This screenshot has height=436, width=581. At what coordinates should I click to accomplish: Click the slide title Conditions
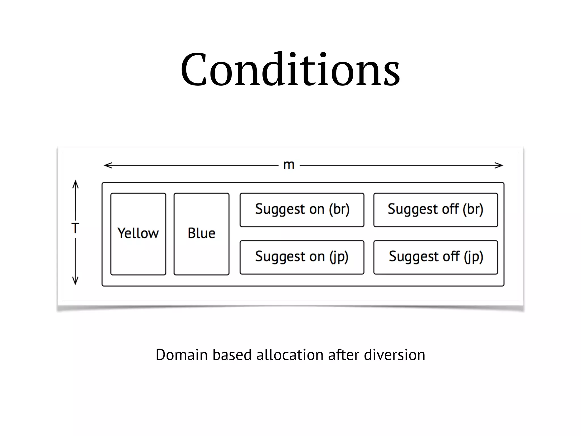[290, 70]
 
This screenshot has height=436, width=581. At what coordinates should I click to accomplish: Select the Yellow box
[138, 234]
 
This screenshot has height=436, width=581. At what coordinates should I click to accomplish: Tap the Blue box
[201, 234]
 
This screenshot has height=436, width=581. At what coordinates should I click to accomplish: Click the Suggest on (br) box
[302, 210]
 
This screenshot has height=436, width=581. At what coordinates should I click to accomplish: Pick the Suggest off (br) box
[435, 210]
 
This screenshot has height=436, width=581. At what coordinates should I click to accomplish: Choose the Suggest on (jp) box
[302, 257]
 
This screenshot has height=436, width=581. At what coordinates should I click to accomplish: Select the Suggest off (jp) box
[435, 257]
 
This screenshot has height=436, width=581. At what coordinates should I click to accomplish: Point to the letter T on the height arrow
[75, 228]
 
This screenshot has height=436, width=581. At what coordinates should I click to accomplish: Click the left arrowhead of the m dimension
[106, 165]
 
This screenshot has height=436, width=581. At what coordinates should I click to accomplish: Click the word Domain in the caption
[182, 355]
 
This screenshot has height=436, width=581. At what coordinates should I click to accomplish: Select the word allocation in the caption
[290, 355]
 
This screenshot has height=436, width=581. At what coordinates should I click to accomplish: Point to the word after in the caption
[344, 355]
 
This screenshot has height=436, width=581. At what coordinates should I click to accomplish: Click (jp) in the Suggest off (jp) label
[473, 257]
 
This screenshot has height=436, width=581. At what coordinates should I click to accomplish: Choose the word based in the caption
[232, 355]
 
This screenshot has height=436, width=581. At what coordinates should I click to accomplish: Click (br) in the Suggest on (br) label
[339, 210]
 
